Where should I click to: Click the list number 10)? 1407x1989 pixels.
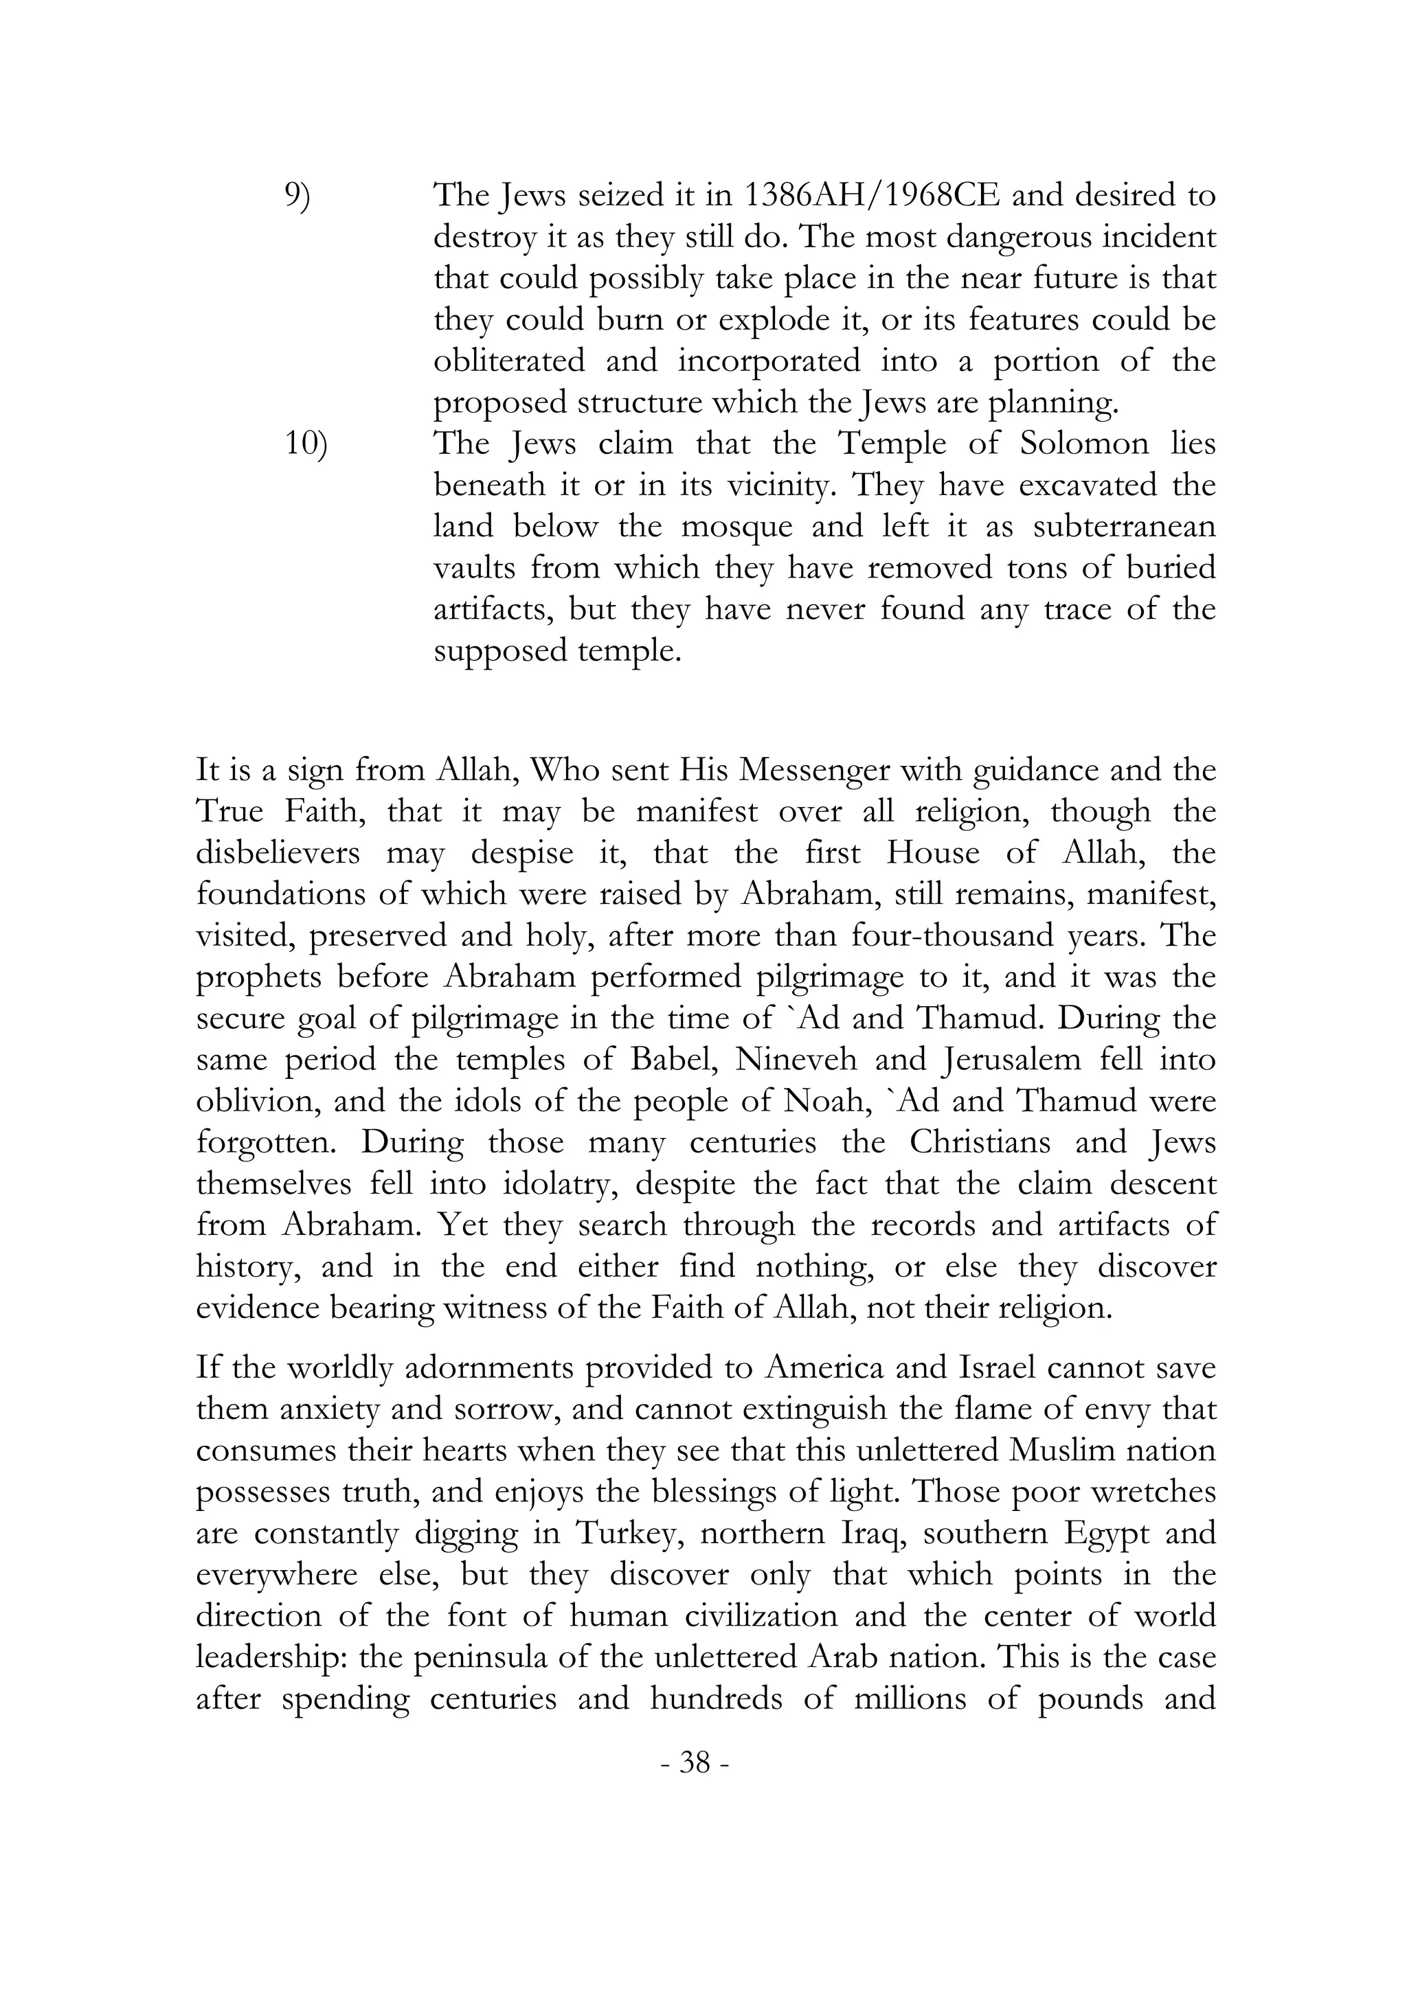[x=306, y=445]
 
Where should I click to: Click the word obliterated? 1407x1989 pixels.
[x=510, y=362]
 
